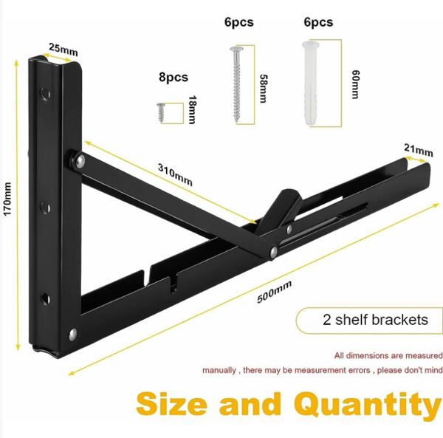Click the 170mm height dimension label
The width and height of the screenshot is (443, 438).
7,199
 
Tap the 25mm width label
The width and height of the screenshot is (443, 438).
63,49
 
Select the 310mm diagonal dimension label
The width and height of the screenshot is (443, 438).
175,175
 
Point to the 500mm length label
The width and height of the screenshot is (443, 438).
275,292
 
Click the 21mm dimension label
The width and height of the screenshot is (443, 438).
419,150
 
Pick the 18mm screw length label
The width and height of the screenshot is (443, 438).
193,109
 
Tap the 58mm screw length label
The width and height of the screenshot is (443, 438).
264,89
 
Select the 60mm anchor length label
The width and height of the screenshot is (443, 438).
355,84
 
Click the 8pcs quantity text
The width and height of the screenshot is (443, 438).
174,77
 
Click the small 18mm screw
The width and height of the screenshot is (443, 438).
161,112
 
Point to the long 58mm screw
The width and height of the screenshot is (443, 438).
236,84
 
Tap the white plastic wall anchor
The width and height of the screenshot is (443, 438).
311,83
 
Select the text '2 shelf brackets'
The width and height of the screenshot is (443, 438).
375,320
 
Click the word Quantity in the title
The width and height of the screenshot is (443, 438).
367,406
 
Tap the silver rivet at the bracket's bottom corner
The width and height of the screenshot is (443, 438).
73,334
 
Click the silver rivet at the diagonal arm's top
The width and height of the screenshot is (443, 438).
79,161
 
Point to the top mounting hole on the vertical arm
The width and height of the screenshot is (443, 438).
44,93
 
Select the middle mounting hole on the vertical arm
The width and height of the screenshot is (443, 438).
44,208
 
